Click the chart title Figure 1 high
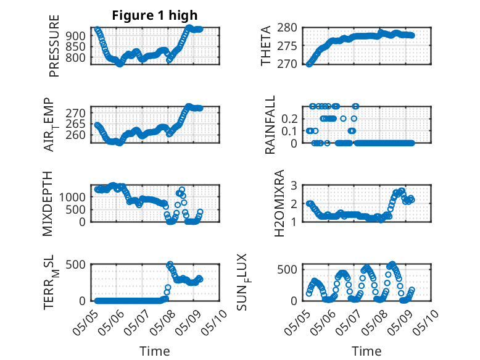[155, 15]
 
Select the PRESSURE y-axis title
[54, 46]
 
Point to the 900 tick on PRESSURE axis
[76, 36]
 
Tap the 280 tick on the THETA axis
[287, 28]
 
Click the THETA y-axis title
[266, 46]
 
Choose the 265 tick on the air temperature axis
[76, 124]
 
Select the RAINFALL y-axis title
[270, 125]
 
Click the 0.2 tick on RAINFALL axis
[289, 119]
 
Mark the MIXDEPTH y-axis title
[48, 204]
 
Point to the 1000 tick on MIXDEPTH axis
[73, 197]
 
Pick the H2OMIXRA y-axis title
[279, 203]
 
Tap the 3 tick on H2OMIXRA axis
[294, 185]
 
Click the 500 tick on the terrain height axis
[76, 264]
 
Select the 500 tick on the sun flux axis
[287, 270]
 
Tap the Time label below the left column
[155, 351]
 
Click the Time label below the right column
[366, 351]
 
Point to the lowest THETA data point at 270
[309, 64]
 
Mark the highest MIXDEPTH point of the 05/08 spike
[182, 190]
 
